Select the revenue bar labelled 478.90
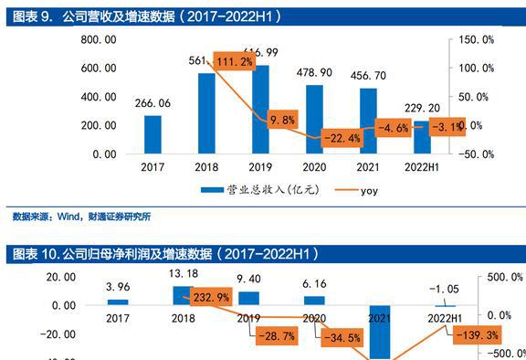[x=314, y=119]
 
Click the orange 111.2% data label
[x=235, y=62]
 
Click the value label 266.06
[x=153, y=103]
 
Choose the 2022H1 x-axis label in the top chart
[x=422, y=166]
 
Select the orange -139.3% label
[x=477, y=336]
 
